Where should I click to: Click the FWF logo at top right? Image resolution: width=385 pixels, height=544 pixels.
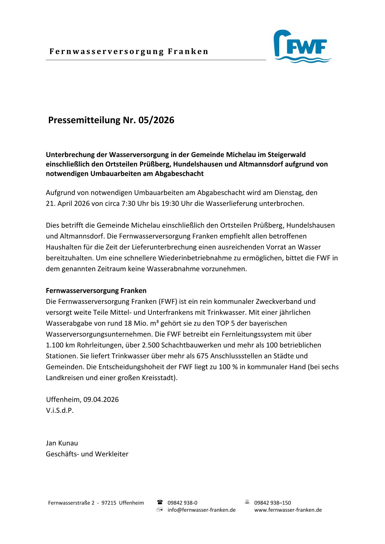point(302,46)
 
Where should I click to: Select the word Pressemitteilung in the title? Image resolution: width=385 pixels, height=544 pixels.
point(84,120)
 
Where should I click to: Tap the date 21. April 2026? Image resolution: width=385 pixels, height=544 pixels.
point(66,204)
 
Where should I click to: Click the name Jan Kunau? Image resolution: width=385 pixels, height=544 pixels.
point(62,443)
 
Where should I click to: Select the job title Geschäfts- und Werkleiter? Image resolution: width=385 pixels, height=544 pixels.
point(87,454)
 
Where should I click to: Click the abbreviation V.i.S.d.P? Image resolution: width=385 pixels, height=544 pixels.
point(60,411)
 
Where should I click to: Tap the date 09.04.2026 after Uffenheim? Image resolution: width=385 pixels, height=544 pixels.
point(101,400)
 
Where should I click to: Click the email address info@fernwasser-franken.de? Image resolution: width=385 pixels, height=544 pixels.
point(202,510)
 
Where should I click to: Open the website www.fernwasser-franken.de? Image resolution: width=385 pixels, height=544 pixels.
point(288,510)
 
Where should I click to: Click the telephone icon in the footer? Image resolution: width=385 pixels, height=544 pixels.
point(160,502)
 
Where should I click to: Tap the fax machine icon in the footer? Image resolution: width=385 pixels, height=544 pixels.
point(247,502)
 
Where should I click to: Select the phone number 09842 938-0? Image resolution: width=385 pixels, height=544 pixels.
point(182,503)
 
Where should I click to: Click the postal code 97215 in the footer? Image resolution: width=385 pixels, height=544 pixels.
point(109,503)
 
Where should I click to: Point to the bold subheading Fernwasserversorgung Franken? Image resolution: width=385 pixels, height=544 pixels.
point(96,291)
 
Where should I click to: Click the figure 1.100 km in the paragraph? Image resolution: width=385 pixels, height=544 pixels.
point(60,345)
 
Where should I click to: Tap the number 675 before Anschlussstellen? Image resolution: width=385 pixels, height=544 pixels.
point(203,356)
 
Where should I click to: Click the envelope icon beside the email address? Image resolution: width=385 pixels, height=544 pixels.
point(159,510)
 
